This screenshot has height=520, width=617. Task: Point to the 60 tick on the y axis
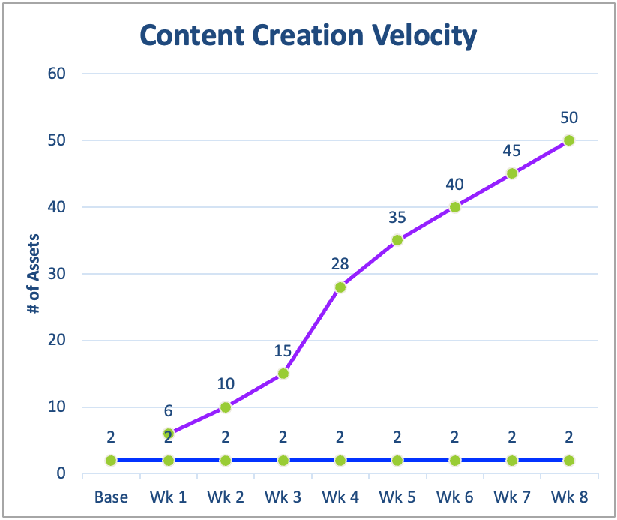(58, 74)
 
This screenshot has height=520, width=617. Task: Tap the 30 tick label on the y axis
(58, 274)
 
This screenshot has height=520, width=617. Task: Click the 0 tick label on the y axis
(63, 474)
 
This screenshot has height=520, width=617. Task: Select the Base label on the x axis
(111, 497)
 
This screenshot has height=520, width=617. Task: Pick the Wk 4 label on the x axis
(340, 497)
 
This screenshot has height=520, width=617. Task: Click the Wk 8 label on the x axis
(569, 497)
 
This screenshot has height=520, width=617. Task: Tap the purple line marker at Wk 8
(569, 140)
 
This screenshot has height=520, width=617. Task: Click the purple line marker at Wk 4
(340, 287)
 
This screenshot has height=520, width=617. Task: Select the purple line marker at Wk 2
(226, 407)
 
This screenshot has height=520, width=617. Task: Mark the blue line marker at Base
(111, 461)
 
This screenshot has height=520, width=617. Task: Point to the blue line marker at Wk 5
(397, 461)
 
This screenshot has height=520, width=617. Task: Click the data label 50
(569, 118)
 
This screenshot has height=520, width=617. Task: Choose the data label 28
(340, 264)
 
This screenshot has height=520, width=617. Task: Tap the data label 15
(283, 351)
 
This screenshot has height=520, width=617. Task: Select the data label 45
(511, 151)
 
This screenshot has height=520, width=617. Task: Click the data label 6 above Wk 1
(169, 411)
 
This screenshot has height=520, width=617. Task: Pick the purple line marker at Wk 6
(454, 207)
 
